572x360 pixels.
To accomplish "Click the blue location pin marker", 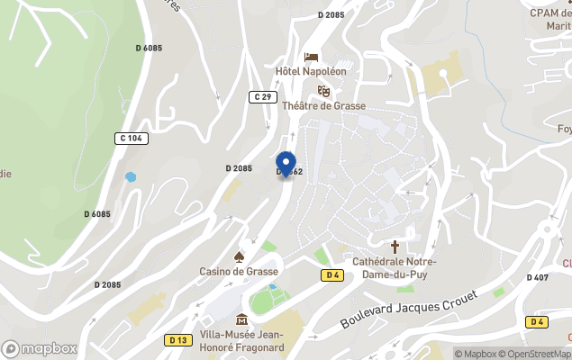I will [x=286, y=164].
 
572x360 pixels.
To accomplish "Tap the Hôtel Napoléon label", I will [x=311, y=71].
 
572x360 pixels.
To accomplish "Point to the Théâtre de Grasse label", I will [x=324, y=105].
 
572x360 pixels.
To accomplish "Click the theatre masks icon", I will [x=323, y=91].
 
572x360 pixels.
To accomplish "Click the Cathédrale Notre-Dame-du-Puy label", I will [x=394, y=267].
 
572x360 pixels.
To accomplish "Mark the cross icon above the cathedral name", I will [x=395, y=246].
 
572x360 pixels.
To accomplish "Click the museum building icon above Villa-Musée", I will [x=241, y=319].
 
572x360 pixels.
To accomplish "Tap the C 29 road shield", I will [x=262, y=96].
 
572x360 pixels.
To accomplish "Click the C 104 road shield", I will [x=132, y=138].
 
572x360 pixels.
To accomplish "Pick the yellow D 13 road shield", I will [x=177, y=340].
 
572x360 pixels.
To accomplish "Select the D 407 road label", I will [x=537, y=277].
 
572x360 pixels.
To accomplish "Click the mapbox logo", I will [x=39, y=348].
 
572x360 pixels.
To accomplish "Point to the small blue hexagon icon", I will [x=132, y=177].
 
